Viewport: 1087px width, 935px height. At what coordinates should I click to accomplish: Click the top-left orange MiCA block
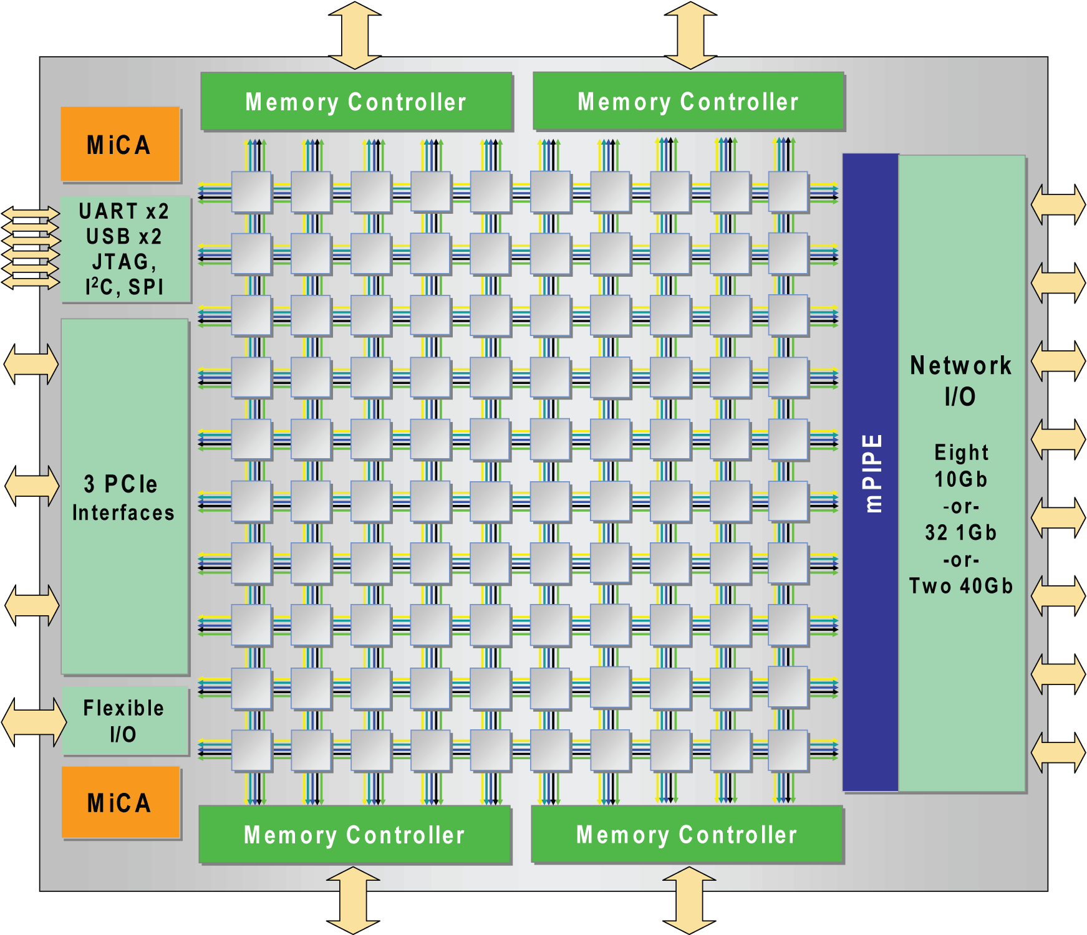tap(120, 144)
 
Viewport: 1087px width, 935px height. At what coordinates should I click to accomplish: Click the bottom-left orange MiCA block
tap(121, 802)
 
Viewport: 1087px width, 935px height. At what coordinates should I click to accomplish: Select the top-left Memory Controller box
tap(356, 102)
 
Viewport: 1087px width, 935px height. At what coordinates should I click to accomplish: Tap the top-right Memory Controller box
tap(688, 101)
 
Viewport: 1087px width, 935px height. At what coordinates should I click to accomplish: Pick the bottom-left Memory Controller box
tap(354, 835)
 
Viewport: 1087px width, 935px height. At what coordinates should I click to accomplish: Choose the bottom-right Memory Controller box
tap(687, 834)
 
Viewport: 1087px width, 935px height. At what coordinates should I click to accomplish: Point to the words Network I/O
tap(960, 380)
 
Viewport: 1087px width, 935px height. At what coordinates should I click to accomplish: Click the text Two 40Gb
tap(960, 586)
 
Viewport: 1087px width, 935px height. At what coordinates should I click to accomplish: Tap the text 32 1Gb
tap(960, 532)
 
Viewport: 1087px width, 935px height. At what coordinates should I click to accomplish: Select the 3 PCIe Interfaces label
tap(123, 497)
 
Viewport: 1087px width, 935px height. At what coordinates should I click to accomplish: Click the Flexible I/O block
tap(125, 721)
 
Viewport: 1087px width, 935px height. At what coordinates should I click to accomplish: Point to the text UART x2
tap(124, 211)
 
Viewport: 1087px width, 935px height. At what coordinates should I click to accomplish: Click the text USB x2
tap(124, 237)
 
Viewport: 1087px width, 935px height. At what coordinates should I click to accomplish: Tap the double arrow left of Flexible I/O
tap(34, 721)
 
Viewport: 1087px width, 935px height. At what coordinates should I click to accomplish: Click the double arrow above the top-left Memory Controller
tap(355, 34)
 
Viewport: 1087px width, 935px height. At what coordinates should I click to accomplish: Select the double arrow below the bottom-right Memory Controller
tap(688, 900)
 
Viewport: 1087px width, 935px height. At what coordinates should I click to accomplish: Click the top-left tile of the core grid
tap(251, 192)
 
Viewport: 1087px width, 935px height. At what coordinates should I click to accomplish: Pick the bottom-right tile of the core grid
tap(788, 750)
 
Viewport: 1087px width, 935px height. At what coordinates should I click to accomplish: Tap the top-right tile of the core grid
tap(788, 192)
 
